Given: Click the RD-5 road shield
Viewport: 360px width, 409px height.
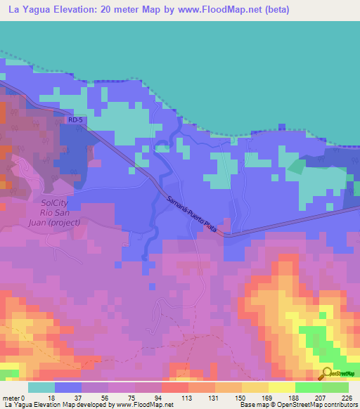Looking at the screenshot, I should (75, 120).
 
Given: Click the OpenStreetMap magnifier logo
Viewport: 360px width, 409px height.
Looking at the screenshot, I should (326, 374).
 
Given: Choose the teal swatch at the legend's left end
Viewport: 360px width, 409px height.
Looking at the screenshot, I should (41, 387).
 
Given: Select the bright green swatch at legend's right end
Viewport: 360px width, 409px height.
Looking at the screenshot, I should (335, 387).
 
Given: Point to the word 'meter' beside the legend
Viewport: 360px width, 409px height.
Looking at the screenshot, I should (12, 397).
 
